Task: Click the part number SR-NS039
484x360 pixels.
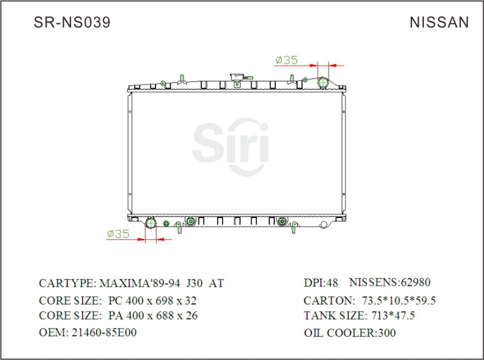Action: (x=72, y=22)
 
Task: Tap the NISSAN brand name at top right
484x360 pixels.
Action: (x=439, y=22)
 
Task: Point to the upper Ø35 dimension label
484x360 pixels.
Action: (x=286, y=60)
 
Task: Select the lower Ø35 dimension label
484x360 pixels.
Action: (x=118, y=234)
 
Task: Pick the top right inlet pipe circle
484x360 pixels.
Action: (x=323, y=82)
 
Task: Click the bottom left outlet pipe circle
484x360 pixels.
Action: (x=151, y=223)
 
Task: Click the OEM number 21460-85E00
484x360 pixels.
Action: (x=104, y=333)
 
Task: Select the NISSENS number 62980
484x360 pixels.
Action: (x=415, y=283)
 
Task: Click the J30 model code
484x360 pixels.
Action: (x=195, y=283)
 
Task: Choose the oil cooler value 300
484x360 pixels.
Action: (x=387, y=333)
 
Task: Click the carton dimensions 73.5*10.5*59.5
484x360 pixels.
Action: (x=398, y=300)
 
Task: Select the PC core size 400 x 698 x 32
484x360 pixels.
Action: (x=152, y=300)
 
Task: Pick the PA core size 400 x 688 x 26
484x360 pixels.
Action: (x=153, y=316)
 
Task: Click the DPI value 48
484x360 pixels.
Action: (x=333, y=283)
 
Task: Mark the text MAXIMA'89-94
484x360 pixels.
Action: (x=140, y=283)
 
